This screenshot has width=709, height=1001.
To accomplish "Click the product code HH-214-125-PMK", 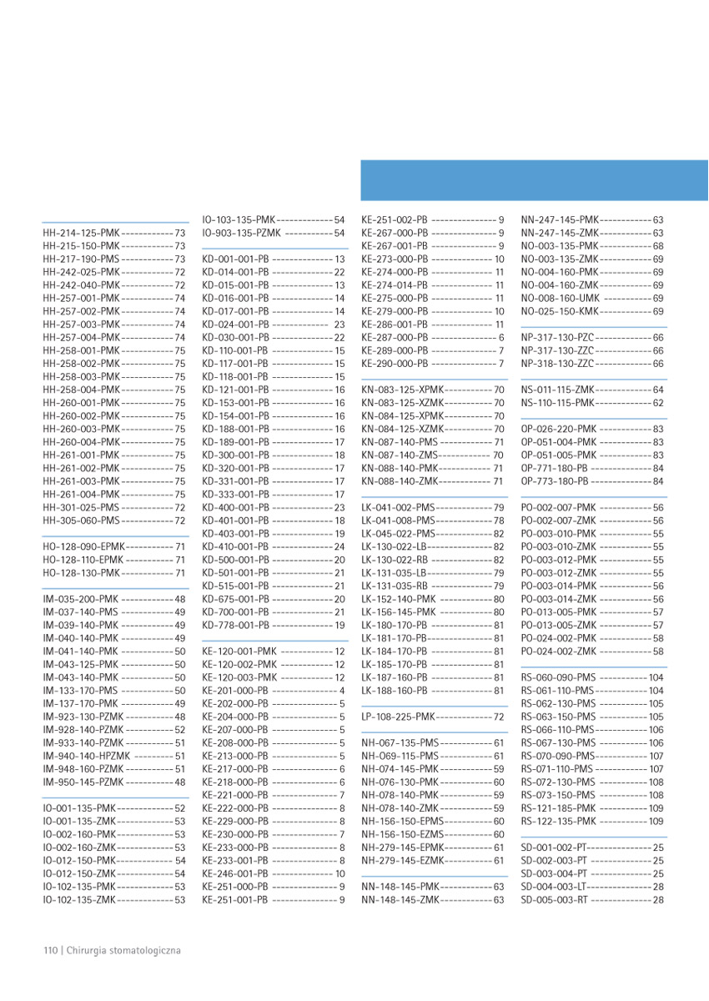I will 82,233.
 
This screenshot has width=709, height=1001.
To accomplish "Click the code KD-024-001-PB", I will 235,324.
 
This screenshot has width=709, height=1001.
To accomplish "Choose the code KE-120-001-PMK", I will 239,651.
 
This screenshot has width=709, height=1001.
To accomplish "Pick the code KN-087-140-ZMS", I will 399,455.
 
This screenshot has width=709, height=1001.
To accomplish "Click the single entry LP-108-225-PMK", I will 399,717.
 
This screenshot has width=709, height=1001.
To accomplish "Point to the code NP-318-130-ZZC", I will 558,364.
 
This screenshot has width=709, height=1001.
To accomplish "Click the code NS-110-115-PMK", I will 558,403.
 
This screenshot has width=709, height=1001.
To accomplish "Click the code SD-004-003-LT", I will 555,887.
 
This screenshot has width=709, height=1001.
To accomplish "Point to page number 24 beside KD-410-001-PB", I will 339,546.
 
